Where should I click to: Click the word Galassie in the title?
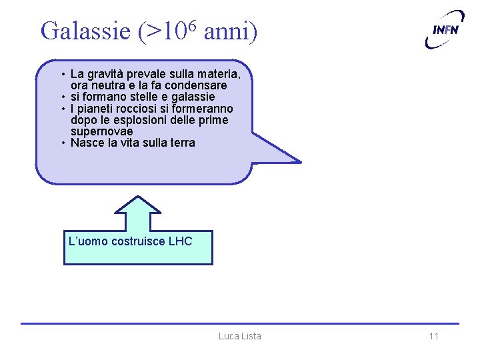click(86, 31)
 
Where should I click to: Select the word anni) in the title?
click(230, 31)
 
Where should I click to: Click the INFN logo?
click(445, 29)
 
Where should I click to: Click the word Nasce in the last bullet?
click(87, 143)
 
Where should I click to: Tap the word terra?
click(182, 143)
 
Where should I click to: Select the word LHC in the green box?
click(180, 241)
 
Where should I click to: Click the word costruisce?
click(136, 241)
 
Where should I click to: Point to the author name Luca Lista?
click(239, 336)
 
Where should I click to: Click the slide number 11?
click(433, 336)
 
